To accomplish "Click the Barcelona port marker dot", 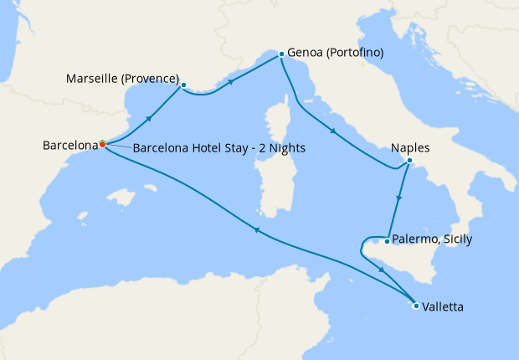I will click(x=102, y=144).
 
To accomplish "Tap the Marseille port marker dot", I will click(x=183, y=85).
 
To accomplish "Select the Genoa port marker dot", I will click(x=280, y=54).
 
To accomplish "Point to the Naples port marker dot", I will click(x=409, y=161).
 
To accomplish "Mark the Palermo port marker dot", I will click(x=386, y=241).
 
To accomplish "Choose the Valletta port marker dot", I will click(x=416, y=306).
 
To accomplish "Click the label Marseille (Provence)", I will click(x=122, y=80).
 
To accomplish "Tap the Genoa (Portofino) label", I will click(x=335, y=53).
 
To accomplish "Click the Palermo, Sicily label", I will click(x=434, y=239).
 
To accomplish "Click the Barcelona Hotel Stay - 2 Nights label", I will click(x=218, y=148).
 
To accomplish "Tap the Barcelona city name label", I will click(x=70, y=145).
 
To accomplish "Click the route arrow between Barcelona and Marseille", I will click(x=148, y=118).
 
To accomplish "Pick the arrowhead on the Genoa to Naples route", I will click(x=334, y=131).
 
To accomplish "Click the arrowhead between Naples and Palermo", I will click(x=400, y=199).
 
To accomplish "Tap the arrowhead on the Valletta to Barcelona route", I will click(x=256, y=231).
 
